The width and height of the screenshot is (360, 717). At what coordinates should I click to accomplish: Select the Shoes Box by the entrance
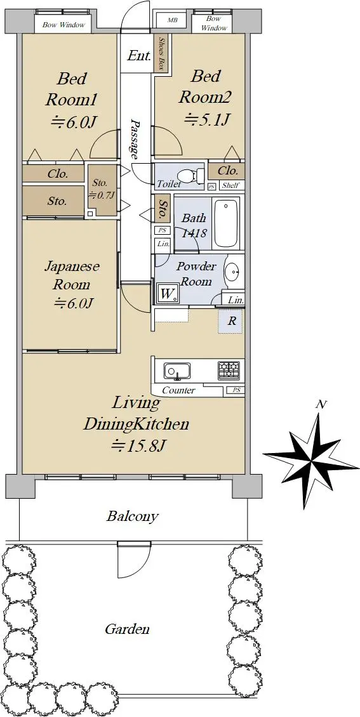161,53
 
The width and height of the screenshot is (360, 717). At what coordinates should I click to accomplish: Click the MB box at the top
173,20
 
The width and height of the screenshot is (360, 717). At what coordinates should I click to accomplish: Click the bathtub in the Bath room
227,223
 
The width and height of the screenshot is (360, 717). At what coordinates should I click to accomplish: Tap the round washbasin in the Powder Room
233,273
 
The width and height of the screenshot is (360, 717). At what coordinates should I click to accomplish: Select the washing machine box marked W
168,294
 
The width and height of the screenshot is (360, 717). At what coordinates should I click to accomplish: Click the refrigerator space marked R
232,321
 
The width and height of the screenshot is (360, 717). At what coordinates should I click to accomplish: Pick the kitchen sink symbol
177,371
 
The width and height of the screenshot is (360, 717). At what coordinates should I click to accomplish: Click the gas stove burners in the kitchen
229,370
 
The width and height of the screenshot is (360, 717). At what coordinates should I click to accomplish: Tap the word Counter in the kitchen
179,390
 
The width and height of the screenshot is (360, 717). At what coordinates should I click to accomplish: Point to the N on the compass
321,404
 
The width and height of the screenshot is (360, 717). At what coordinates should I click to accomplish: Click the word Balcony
133,516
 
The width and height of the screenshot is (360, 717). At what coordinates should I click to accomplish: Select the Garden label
127,629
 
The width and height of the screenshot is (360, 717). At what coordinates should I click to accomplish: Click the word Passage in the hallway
135,140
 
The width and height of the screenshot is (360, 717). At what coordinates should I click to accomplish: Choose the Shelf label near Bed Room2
230,186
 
